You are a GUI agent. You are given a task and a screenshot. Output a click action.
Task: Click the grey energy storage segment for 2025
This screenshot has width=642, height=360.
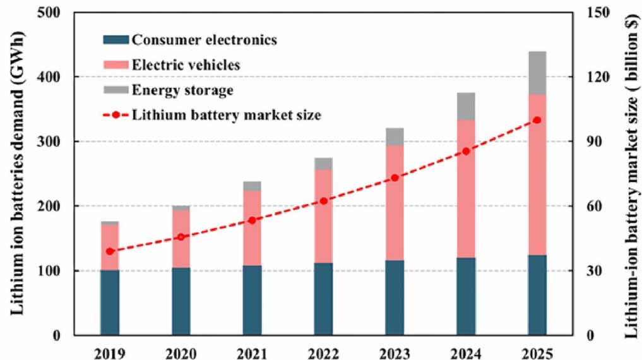(537, 73)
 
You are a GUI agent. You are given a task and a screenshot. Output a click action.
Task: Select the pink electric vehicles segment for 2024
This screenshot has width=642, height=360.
(467, 189)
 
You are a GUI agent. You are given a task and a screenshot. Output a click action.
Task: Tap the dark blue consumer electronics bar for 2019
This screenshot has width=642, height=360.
(110, 302)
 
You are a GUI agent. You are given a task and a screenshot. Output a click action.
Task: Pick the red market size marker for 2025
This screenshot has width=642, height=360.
(537, 120)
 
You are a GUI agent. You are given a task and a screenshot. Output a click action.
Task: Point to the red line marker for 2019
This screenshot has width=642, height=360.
(110, 251)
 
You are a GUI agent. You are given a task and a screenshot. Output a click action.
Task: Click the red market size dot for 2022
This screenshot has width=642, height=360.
(324, 201)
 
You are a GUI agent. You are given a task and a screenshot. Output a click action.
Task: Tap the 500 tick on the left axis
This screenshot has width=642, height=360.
(55, 12)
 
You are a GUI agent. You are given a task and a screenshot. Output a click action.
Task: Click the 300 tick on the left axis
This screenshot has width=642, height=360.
(55, 141)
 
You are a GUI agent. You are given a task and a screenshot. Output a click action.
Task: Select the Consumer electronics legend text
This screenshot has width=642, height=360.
(204, 40)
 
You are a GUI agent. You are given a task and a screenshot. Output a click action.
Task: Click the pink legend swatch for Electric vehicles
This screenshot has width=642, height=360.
(116, 65)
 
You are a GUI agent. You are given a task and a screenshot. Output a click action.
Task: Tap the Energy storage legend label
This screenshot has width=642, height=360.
(182, 90)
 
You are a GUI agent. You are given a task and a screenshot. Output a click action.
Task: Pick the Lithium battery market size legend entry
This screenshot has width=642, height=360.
(227, 115)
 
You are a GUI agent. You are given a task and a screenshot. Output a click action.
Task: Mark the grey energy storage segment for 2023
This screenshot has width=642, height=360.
(395, 136)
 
